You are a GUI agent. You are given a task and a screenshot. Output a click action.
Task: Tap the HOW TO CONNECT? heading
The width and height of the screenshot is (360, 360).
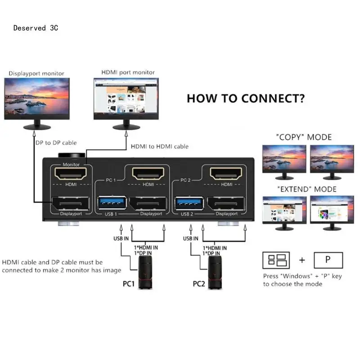[x=245, y=99]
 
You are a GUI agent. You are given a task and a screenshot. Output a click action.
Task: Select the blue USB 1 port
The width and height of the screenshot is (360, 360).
[x=109, y=203]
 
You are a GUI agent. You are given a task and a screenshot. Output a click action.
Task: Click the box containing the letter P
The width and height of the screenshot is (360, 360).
[x=328, y=260]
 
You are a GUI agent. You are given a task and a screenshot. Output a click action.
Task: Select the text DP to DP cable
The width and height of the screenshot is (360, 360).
[x=56, y=143]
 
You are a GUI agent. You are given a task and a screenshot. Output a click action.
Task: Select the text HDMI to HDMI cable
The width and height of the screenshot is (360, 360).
[x=160, y=146]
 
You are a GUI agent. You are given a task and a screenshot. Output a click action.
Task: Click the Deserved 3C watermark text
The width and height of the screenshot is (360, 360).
[x=36, y=28]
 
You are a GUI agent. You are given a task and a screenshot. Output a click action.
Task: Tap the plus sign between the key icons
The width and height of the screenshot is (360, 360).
[x=302, y=260]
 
